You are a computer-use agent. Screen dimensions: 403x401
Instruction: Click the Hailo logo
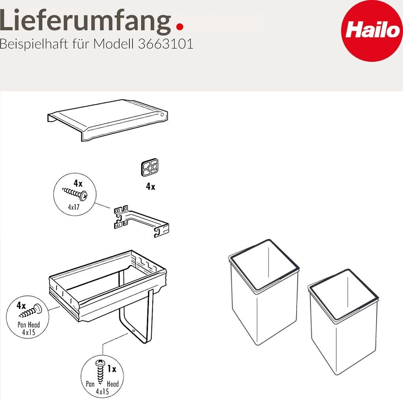pyautogui.click(x=372, y=31)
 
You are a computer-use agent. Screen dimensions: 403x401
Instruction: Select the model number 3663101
pyautogui.click(x=166, y=44)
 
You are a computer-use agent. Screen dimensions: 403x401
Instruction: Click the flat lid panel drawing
pyautogui.click(x=107, y=120)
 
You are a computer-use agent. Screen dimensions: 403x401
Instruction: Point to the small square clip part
pyautogui.click(x=150, y=167)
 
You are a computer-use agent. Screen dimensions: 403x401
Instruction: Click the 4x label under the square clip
pyautogui.click(x=151, y=187)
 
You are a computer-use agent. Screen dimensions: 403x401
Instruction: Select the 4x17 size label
pyautogui.click(x=74, y=207)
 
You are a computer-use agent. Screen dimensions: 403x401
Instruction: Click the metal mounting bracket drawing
pyautogui.click(x=141, y=221)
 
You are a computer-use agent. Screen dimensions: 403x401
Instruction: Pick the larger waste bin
pyautogui.click(x=264, y=292)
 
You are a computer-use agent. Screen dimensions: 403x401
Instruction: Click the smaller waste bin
pyautogui.click(x=343, y=322)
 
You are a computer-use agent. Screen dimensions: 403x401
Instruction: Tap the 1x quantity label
pyautogui.click(x=112, y=369)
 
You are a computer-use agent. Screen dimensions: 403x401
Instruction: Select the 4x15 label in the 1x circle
pyautogui.click(x=102, y=392)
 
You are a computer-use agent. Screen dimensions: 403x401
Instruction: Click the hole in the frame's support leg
pyautogui.click(x=134, y=331)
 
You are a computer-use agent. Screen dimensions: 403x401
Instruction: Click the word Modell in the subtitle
pyautogui.click(x=113, y=44)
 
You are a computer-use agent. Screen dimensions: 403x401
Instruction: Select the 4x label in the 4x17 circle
pyautogui.click(x=78, y=183)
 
